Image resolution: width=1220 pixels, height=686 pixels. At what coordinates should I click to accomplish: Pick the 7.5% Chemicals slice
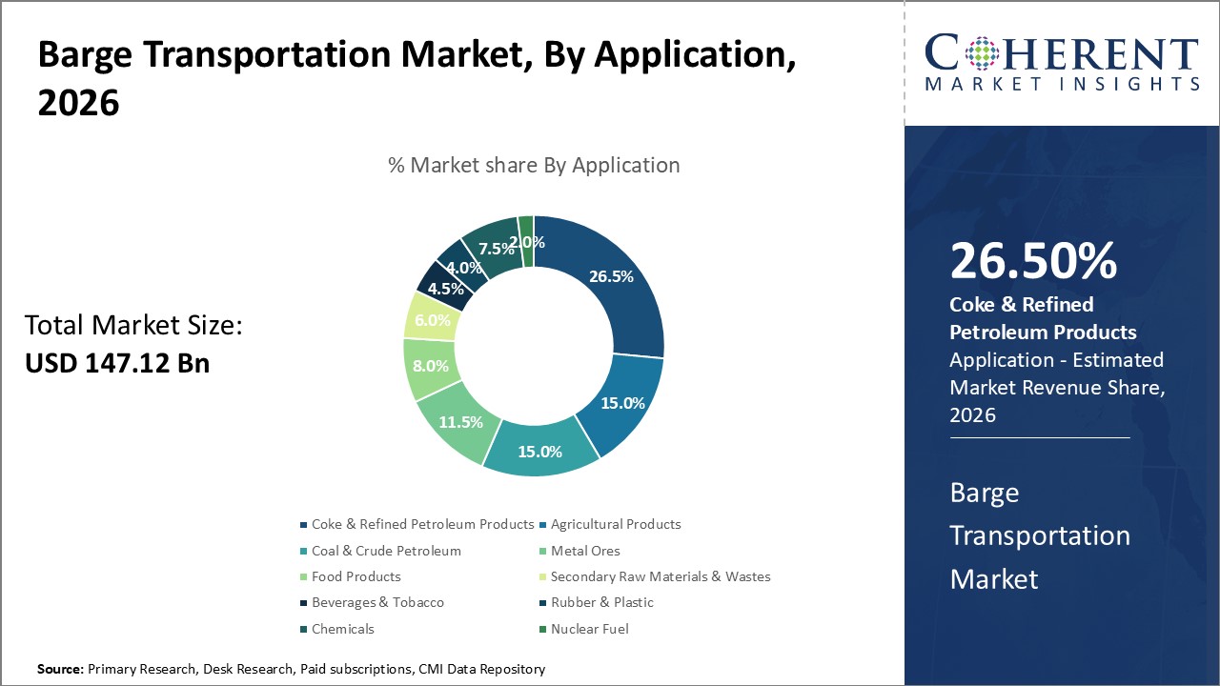pos(494,249)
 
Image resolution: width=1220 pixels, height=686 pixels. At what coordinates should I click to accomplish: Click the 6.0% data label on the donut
pos(433,320)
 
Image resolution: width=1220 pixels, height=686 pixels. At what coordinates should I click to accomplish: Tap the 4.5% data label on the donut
pos(446,289)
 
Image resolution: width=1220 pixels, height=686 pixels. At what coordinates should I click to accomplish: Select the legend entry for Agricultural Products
pos(616,524)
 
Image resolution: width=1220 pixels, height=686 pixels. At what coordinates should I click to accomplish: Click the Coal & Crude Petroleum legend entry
pos(386,551)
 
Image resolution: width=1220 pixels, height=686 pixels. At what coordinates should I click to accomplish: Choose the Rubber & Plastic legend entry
pos(601,602)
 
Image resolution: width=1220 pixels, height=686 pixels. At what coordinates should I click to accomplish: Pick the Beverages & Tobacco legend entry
pos(377,602)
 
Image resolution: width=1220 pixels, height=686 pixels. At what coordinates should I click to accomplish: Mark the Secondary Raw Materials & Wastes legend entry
pos(661,576)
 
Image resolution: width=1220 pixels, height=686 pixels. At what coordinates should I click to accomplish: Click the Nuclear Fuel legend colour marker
pos(542,629)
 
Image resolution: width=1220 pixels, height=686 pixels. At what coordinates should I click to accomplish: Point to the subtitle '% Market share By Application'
pos(534,165)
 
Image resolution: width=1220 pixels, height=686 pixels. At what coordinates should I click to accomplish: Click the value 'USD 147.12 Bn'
pos(117,362)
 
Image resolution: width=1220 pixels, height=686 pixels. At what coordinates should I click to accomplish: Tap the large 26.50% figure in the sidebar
pos(1033,261)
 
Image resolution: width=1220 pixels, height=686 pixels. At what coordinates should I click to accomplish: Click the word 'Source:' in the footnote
pos(60,670)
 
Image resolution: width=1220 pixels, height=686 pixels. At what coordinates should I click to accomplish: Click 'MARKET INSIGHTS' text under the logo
pos(1062,84)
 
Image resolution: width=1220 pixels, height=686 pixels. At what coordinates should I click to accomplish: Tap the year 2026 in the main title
pos(79,103)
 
